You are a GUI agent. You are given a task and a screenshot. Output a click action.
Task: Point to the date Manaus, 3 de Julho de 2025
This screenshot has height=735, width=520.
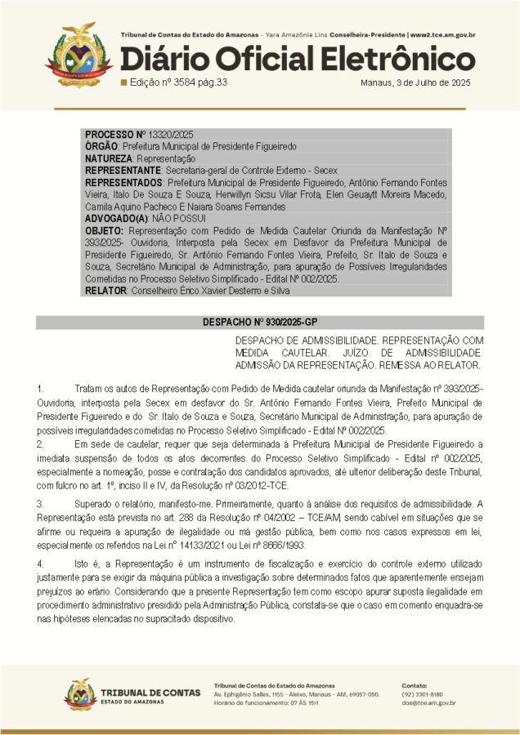pyautogui.click(x=415, y=82)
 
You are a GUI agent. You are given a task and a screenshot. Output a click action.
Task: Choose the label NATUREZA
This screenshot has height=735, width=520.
pyautogui.click(x=110, y=158)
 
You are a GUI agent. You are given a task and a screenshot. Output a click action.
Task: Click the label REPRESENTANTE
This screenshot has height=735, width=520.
pyautogui.click(x=123, y=171)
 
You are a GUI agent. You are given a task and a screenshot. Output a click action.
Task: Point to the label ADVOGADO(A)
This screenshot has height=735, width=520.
pyautogui.click(x=117, y=219)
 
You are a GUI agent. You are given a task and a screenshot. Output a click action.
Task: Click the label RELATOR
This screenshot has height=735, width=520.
pyautogui.click(x=105, y=291)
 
